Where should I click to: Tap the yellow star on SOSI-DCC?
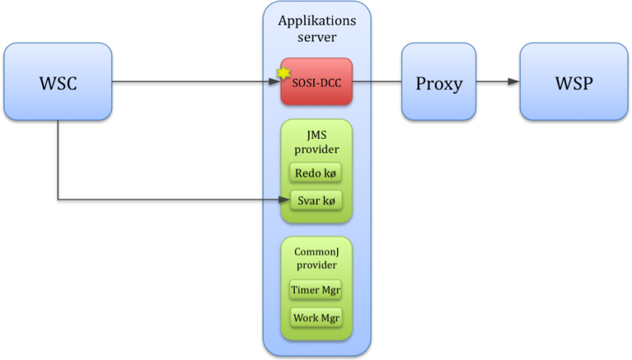(x=284, y=72)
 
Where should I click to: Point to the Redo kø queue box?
(x=315, y=173)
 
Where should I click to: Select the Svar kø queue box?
(x=315, y=200)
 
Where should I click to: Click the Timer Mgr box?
(x=316, y=290)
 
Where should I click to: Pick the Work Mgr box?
(x=316, y=317)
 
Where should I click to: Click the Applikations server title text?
(x=317, y=28)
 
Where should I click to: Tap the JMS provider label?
(x=317, y=142)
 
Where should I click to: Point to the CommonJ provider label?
(x=316, y=258)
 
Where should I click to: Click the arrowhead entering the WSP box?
(x=515, y=81)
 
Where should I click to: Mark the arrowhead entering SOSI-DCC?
(x=276, y=81)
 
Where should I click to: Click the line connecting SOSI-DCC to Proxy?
(x=377, y=81)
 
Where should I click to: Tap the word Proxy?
(x=439, y=84)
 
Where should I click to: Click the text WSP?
(x=574, y=83)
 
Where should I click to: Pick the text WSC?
(x=58, y=84)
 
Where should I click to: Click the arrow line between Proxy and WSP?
(x=495, y=81)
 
